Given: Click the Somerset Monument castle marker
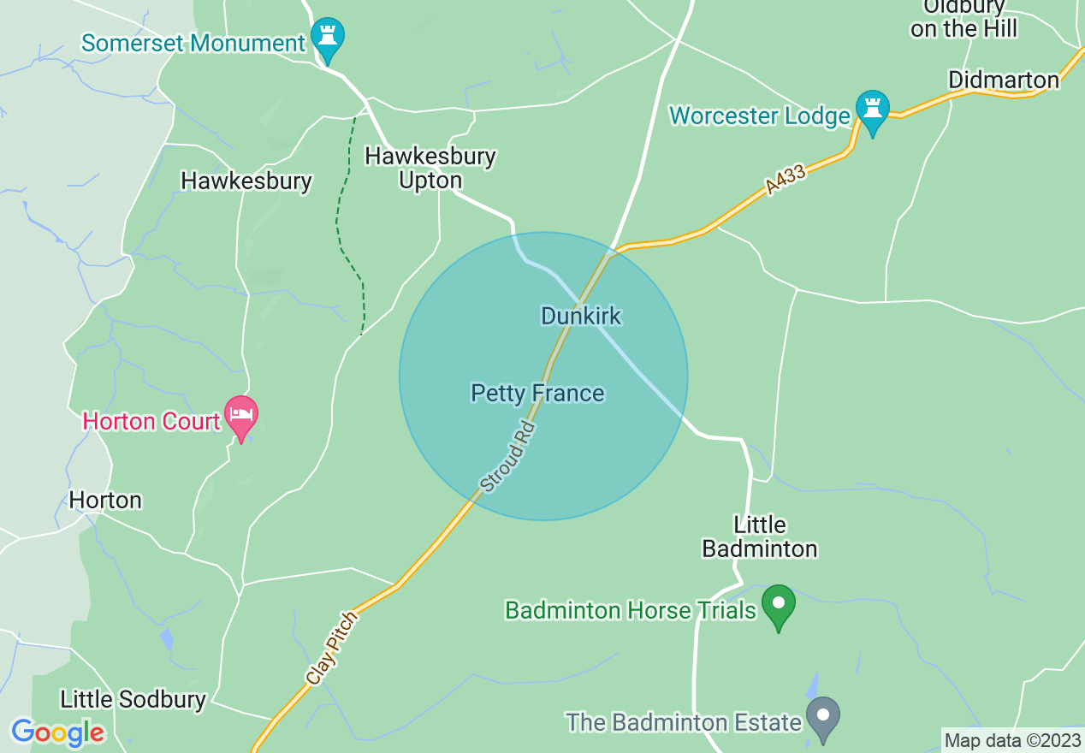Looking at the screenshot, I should pyautogui.click(x=326, y=36).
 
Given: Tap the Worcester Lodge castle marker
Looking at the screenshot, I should pyautogui.click(x=872, y=110).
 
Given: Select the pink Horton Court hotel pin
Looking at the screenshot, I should pyautogui.click(x=241, y=416).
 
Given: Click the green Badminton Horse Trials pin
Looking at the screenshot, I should pyautogui.click(x=778, y=604).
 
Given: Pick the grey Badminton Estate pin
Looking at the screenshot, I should pyautogui.click(x=823, y=717).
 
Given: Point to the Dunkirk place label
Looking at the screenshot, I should pyautogui.click(x=581, y=316).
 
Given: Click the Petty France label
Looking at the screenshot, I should pyautogui.click(x=537, y=393).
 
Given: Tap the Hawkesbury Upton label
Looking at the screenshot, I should pyautogui.click(x=430, y=168).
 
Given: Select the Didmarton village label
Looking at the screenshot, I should pyautogui.click(x=1004, y=80).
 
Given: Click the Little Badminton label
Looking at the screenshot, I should pyautogui.click(x=759, y=537).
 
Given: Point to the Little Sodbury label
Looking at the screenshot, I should pyautogui.click(x=133, y=699).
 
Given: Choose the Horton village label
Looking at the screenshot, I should pyautogui.click(x=105, y=500).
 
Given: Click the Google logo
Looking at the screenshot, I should pyautogui.click(x=57, y=732).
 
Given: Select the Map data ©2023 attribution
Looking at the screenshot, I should pyautogui.click(x=1012, y=740).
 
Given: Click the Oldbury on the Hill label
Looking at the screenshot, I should pyautogui.click(x=963, y=18).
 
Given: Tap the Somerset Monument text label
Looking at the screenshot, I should pyautogui.click(x=193, y=42).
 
